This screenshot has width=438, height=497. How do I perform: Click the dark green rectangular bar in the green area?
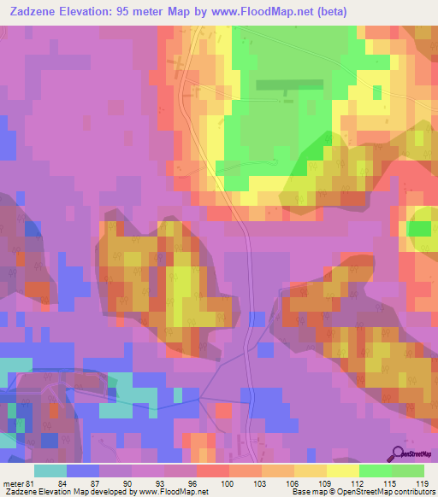coord(290,85)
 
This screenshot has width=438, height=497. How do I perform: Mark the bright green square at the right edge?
coord(419,229)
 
